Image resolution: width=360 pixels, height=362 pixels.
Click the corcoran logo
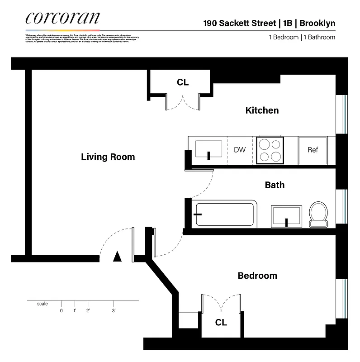coord(62,19)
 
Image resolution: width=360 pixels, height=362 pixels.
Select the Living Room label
coord(108,157)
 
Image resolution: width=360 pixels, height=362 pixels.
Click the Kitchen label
coord(262,110)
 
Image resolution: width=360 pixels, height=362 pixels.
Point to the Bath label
coord(275,185)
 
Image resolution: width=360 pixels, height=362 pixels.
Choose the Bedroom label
coord(257,276)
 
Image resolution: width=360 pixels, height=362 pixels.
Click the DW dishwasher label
coord(240,150)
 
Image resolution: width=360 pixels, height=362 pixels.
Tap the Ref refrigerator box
coord(313,150)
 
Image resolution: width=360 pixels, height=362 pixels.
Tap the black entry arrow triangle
coord(117,257)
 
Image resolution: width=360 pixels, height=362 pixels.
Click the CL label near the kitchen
coord(183,82)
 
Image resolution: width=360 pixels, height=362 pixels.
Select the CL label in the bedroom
coord(221,323)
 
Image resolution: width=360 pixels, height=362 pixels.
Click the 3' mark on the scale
coord(114,310)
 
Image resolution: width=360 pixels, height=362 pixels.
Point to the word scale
coord(42,304)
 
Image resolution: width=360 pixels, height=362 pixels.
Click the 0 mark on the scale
coord(61,310)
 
